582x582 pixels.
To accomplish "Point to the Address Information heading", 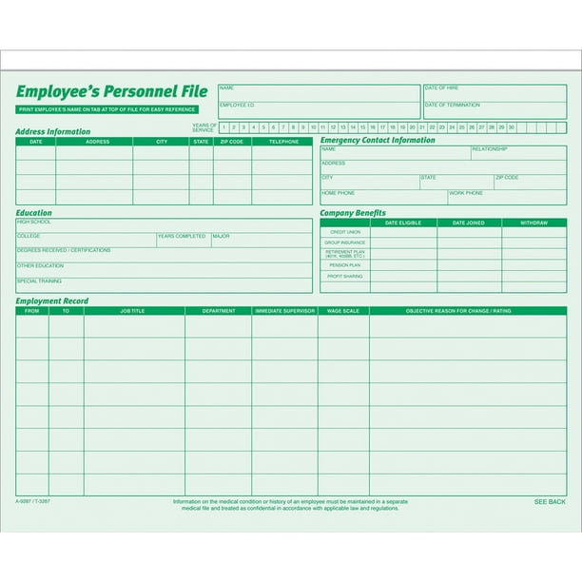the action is pos(53,131).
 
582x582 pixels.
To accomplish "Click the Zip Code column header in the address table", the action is pos(231,142).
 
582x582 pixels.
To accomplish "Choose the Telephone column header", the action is pos(282,142).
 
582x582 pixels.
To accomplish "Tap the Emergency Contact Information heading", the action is pos(378,140).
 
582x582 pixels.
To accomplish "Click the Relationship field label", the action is pos(489,148).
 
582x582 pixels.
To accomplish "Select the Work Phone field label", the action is pos(466,193).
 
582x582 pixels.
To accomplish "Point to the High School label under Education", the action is pos(33,222).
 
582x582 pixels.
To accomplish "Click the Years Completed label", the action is pos(182,236).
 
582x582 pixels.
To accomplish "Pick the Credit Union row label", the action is pos(344,232).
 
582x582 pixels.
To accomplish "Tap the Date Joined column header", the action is pos(469,223).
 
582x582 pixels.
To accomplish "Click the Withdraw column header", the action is pos(533,223).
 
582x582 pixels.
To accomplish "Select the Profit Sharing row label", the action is pos(344,276).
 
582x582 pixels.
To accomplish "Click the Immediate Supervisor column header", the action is pos(284,311).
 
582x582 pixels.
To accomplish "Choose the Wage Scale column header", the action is pos(343,311).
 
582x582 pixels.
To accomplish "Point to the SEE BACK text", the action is pos(549,501).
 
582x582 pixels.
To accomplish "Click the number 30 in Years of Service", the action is pos(511,126).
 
